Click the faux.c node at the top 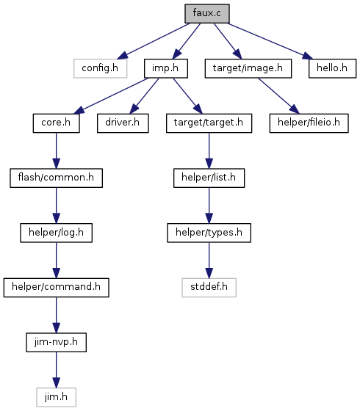(x=207, y=13)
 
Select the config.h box (x=100, y=68)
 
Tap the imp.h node (x=166, y=68)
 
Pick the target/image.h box (x=248, y=68)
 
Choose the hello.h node (x=332, y=68)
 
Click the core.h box (x=56, y=123)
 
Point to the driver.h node (x=123, y=123)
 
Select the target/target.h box (x=209, y=123)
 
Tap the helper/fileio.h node (x=309, y=123)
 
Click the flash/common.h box (x=56, y=178)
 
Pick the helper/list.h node (x=209, y=178)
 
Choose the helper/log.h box (x=56, y=233)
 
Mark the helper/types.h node (x=209, y=233)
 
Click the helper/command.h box (x=56, y=288)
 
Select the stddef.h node (x=209, y=288)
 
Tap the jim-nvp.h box (x=56, y=342)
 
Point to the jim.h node (x=56, y=397)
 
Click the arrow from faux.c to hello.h (x=270, y=41)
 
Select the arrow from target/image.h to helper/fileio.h (x=278, y=95)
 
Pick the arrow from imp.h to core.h (x=111, y=95)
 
